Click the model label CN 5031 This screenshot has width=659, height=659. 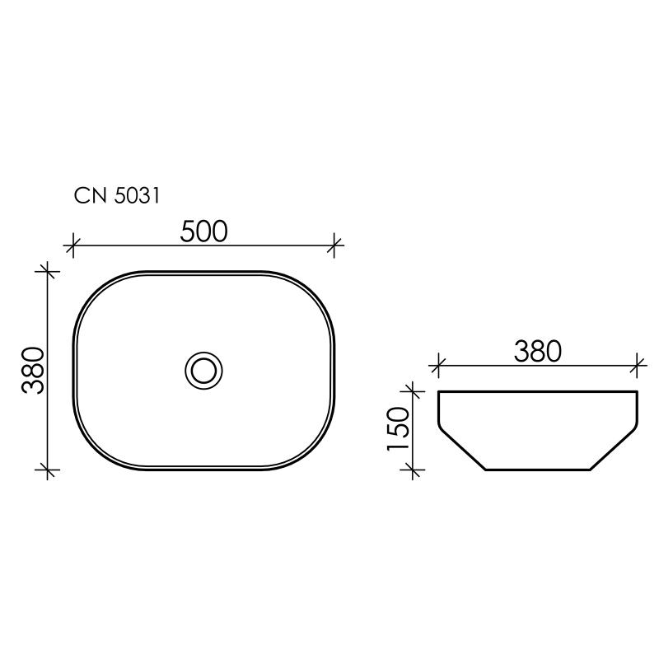pyautogui.click(x=116, y=195)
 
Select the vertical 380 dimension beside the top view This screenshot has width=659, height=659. pyautogui.click(x=33, y=370)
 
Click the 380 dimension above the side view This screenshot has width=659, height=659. pyautogui.click(x=537, y=351)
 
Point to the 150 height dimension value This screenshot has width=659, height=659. pyautogui.click(x=397, y=428)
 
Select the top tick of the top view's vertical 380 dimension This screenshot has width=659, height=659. pyautogui.click(x=49, y=269)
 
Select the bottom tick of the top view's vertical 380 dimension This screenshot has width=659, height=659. pyautogui.click(x=49, y=471)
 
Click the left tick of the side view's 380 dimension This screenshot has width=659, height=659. pyautogui.click(x=438, y=362)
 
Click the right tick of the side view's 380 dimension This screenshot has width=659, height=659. pyautogui.click(x=637, y=362)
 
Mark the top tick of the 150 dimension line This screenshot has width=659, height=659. pyautogui.click(x=412, y=390)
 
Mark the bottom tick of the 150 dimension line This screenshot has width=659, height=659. pyautogui.click(x=412, y=470)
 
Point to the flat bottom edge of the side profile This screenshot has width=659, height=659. pyautogui.click(x=538, y=470)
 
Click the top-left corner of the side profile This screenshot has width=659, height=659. pyautogui.click(x=439, y=391)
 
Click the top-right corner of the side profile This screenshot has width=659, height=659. pyautogui.click(x=637, y=391)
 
